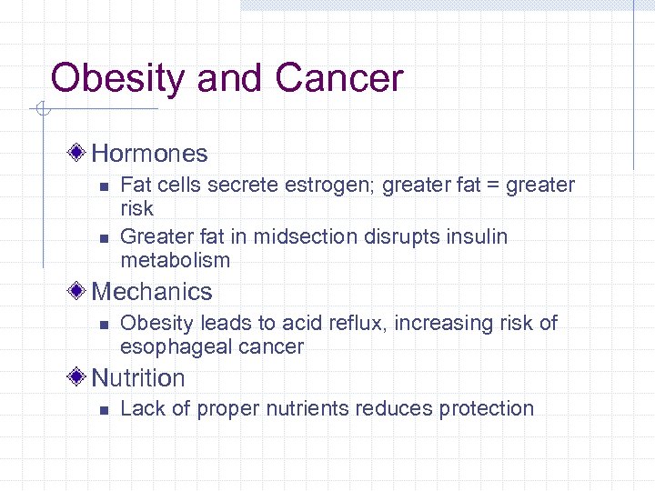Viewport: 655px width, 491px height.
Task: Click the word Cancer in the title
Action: point(338,78)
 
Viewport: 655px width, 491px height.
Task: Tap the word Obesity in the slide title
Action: point(118,78)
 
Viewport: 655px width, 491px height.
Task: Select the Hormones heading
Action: point(149,154)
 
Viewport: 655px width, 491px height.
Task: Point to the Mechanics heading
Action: point(151,292)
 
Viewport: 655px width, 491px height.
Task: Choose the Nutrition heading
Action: point(138,378)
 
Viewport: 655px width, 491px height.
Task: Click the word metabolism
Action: point(175,261)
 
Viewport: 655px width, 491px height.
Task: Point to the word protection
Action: point(487,409)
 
